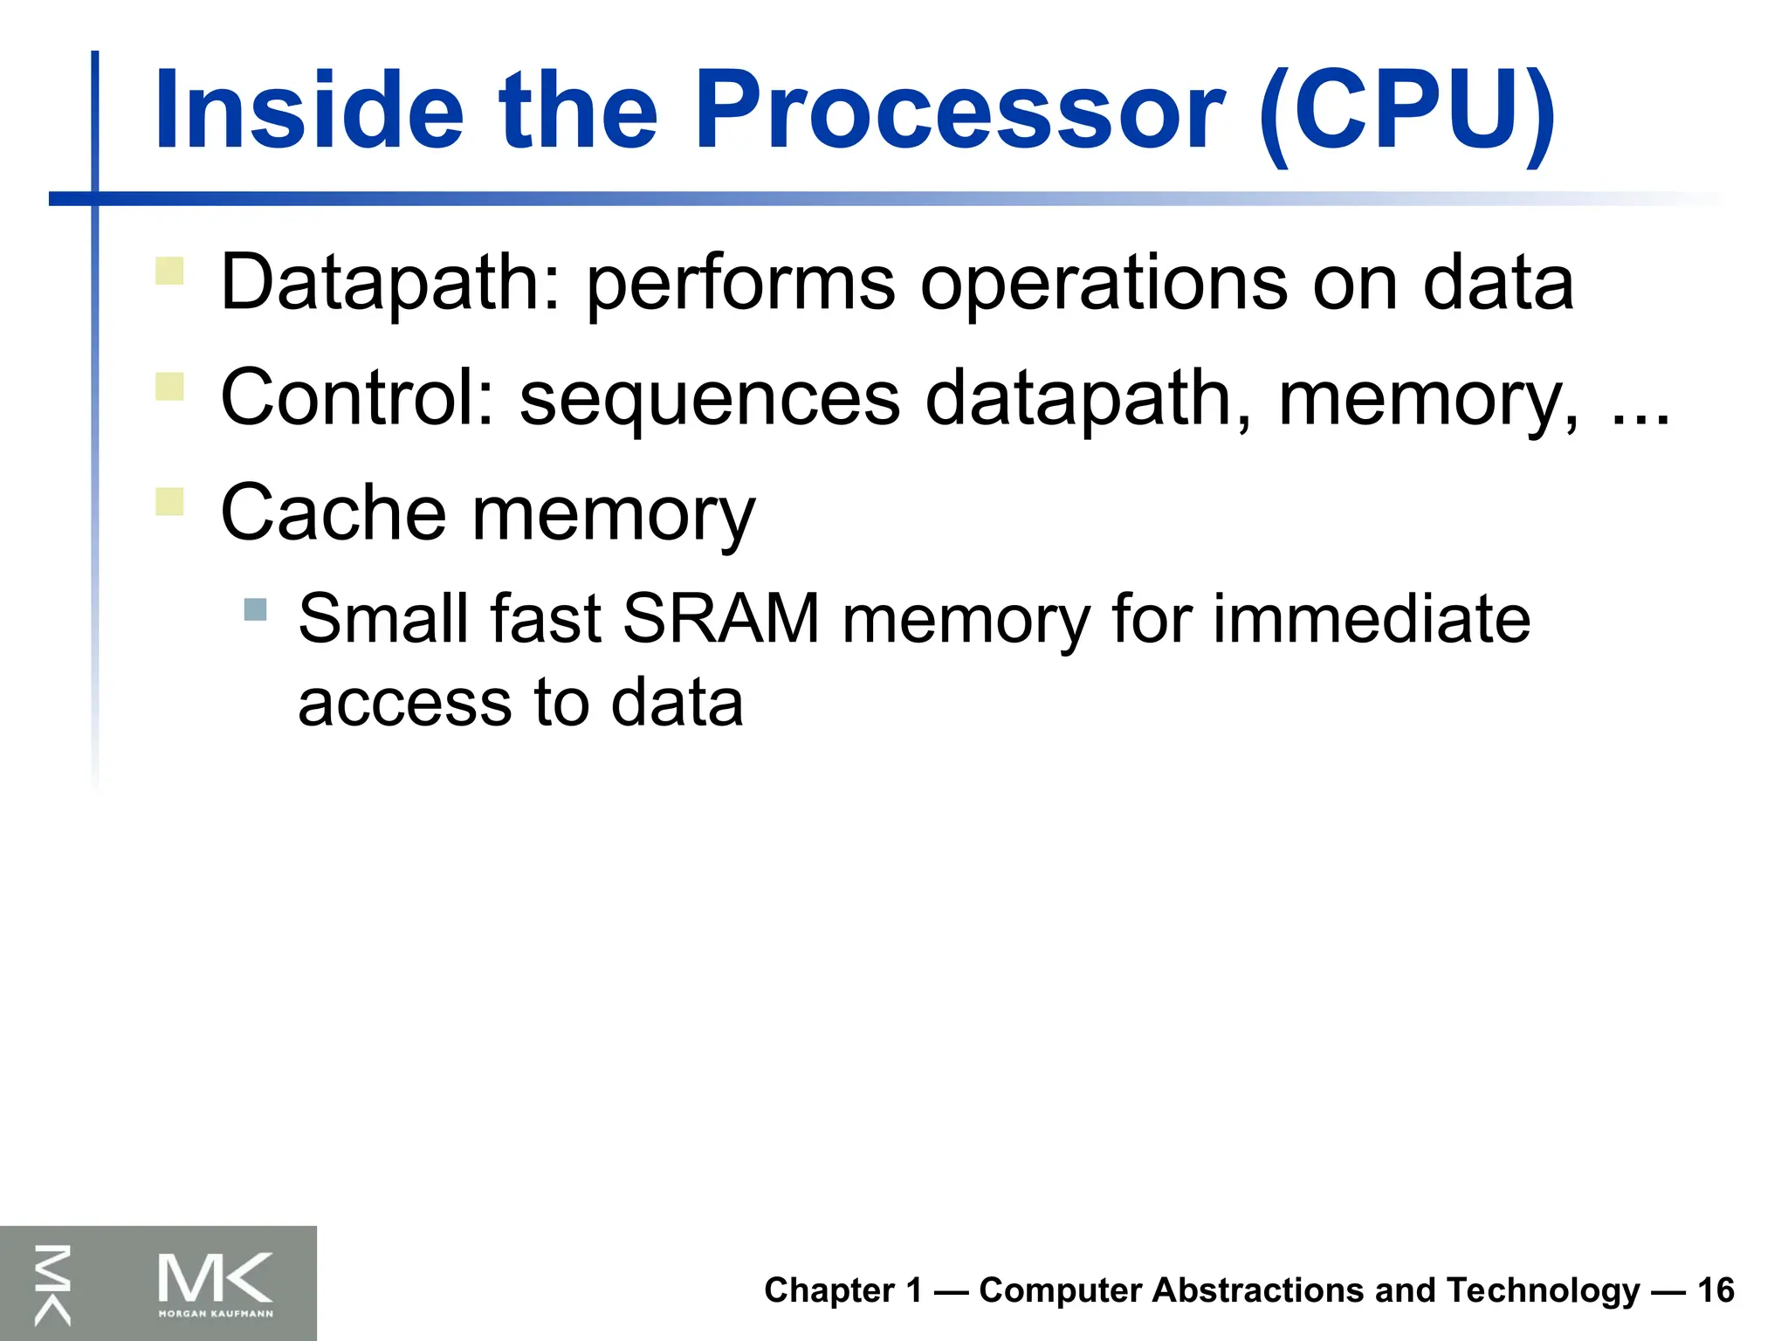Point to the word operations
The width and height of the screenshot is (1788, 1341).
pos(1104,283)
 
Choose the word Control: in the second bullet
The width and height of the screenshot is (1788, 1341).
pos(358,398)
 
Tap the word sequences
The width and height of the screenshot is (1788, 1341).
pos(709,398)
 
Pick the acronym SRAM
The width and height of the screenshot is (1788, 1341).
pos(721,618)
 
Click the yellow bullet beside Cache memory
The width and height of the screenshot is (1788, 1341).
pos(169,501)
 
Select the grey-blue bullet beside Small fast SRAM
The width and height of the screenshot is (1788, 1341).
pos(255,609)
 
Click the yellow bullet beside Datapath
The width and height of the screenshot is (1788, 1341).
pos(169,271)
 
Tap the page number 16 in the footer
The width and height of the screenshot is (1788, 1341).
pos(1716,1290)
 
